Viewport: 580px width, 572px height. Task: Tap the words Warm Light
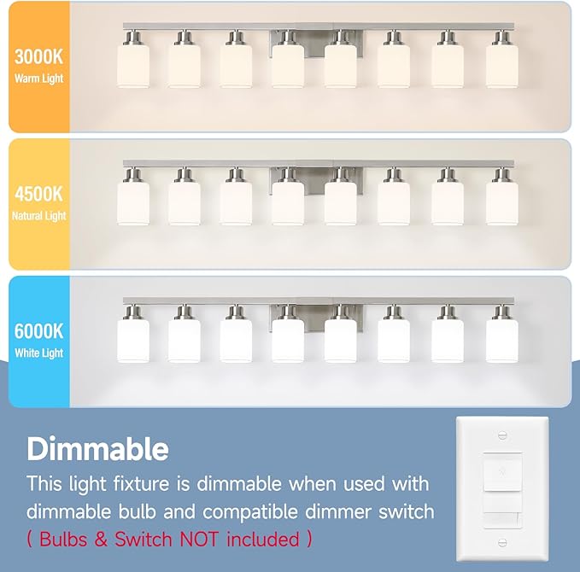[x=38, y=79]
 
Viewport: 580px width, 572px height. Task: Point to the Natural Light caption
[x=38, y=216]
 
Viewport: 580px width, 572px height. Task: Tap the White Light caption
[x=38, y=353]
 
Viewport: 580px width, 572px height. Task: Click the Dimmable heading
[x=97, y=448]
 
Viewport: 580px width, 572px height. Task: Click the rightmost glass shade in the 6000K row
[x=502, y=339]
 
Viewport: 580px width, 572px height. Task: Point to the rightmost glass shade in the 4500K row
[x=502, y=202]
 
